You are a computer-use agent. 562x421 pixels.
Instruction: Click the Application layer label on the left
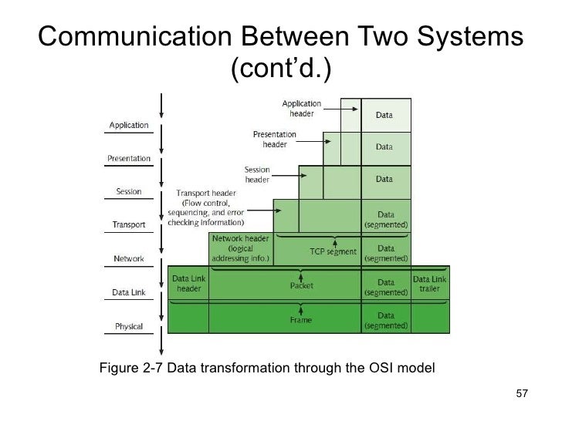[x=129, y=125]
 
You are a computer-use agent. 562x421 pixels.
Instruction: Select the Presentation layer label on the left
[x=128, y=159]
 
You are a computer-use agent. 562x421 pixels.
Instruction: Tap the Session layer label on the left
[x=128, y=192]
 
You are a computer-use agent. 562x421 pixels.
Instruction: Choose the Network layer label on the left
[x=128, y=258]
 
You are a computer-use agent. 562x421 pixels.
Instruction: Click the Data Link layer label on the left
[x=128, y=293]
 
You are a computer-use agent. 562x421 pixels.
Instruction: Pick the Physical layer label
[x=128, y=326]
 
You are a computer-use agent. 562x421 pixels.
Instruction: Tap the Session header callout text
[x=257, y=174]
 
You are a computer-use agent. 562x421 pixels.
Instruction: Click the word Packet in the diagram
[x=301, y=285]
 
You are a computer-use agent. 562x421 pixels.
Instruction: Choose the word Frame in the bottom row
[x=301, y=319]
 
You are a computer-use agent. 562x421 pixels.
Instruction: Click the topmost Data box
[x=384, y=116]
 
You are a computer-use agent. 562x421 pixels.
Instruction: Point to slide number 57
[x=521, y=396]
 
